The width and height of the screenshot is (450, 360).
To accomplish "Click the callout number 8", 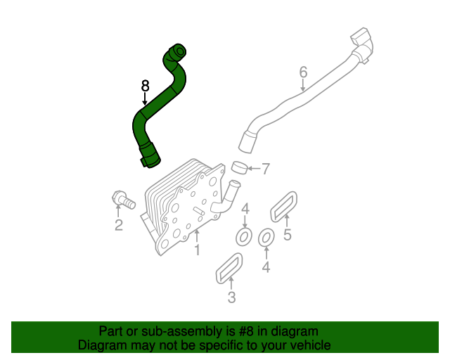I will coord(145,86).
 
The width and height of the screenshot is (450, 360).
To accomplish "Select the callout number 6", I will coord(303,72).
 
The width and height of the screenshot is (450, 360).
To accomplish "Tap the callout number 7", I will coord(265,169).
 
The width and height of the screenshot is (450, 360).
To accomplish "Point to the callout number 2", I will coord(119,225).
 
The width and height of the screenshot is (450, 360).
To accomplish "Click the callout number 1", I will coord(198,250).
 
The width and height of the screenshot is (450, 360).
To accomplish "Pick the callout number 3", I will coord(231,298).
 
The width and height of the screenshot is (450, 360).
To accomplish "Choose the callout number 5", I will coord(287,235).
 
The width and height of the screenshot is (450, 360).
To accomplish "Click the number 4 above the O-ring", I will coord(245,209).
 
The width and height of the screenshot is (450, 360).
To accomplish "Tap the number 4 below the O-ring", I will coord(266,266).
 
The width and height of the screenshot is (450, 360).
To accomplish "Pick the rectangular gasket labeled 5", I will coord(283,205).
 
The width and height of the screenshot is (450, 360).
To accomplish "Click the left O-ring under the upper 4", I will coord(244,236).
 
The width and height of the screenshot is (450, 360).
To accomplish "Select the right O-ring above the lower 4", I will coord(266,239).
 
